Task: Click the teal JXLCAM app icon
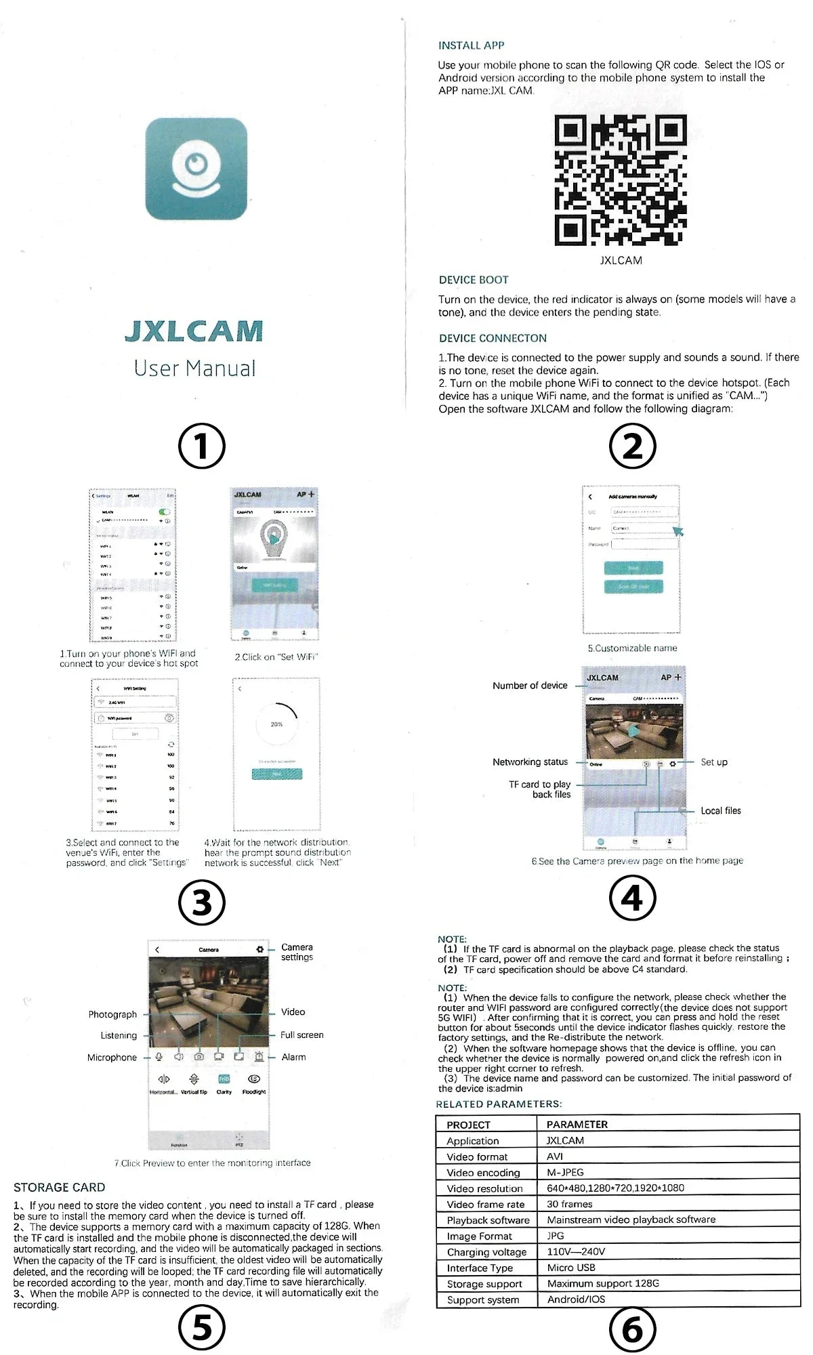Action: [196, 169]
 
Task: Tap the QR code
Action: [620, 180]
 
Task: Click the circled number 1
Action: [201, 446]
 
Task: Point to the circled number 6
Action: [632, 1329]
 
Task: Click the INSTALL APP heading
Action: [471, 45]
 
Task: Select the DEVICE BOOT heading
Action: [473, 280]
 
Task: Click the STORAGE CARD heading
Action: [59, 1187]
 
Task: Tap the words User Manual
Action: [195, 369]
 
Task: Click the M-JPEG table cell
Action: [565, 1172]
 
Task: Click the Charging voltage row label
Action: [486, 1252]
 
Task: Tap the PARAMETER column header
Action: [577, 1124]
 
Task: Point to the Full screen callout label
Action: [301, 1035]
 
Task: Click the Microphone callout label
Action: [112, 1057]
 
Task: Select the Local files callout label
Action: [720, 810]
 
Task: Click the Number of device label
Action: [530, 686]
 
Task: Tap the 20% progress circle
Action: [276, 724]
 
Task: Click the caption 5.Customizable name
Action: [632, 648]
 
